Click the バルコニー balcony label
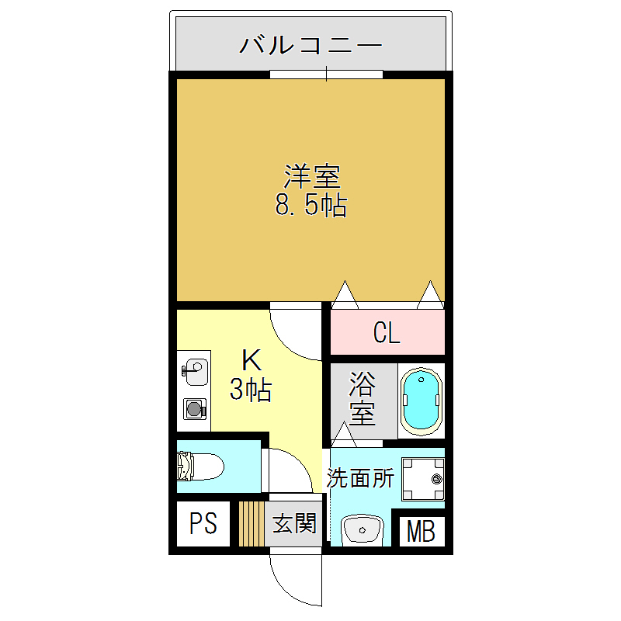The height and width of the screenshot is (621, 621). pyautogui.click(x=310, y=45)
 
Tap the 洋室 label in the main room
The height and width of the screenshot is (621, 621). pyautogui.click(x=311, y=178)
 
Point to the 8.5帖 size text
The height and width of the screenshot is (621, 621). pyautogui.click(x=310, y=206)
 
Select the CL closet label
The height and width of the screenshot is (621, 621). pyautogui.click(x=387, y=334)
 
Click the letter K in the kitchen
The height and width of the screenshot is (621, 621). pyautogui.click(x=250, y=360)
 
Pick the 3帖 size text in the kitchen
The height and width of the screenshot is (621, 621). pyautogui.click(x=250, y=390)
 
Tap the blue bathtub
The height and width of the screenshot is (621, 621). pyautogui.click(x=422, y=399)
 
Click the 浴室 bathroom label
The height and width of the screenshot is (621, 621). pyautogui.click(x=362, y=397)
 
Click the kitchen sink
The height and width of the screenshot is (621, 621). pyautogui.click(x=195, y=371)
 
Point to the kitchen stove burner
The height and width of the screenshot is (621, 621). pyautogui.click(x=194, y=408)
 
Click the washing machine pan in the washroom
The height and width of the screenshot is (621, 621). pyautogui.click(x=423, y=479)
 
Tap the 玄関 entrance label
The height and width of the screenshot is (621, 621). pyautogui.click(x=294, y=524)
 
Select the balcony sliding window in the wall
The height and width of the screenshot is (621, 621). pyautogui.click(x=326, y=75)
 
